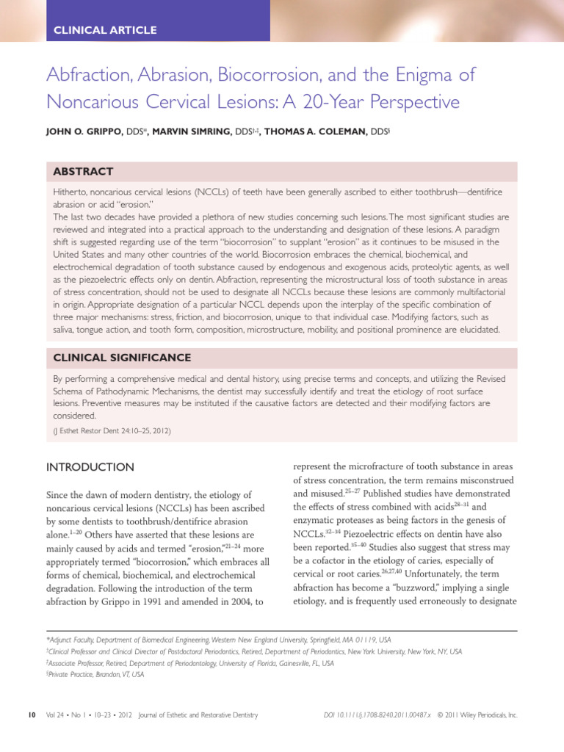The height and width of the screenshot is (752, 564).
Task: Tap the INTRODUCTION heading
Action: pos(90,467)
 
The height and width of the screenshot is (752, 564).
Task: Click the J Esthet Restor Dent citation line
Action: pos(112,431)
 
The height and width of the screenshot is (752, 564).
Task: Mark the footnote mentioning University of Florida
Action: pos(189,662)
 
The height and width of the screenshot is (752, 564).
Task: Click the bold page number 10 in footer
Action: pos(31,714)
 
